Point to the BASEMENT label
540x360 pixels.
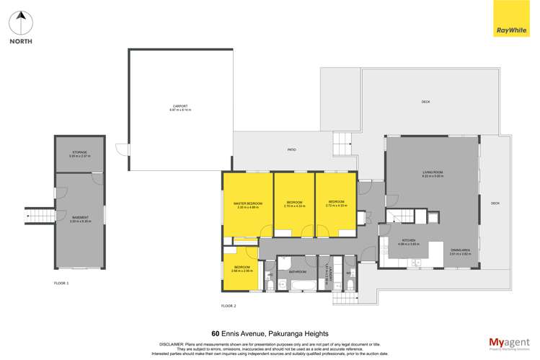pos(79,219)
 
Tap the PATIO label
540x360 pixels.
pos(292,149)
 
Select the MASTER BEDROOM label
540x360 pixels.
pos(247,204)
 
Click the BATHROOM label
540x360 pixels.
pos(298,271)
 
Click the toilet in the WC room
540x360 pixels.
pos(350,284)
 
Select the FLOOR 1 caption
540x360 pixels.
pos(62,284)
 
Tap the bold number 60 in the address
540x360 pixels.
pos(216,333)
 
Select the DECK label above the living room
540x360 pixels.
pos(425,102)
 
